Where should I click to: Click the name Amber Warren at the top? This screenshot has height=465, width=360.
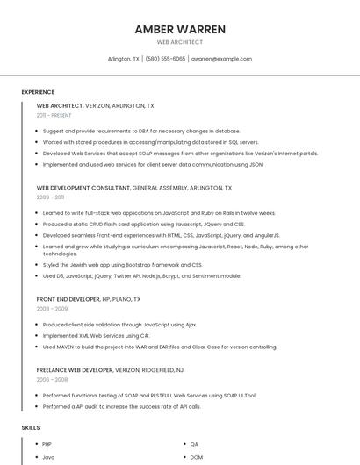point(180,29)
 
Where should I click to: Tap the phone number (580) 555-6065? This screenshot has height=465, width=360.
point(165,59)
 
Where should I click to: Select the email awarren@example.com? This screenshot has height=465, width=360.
point(221,59)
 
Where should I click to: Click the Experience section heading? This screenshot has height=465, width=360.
point(38,92)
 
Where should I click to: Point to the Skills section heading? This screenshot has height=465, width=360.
point(31,427)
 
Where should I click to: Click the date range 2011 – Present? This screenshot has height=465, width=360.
point(54,115)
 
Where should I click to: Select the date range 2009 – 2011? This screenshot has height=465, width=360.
point(50,197)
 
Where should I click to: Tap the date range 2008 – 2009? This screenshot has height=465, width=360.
point(50,309)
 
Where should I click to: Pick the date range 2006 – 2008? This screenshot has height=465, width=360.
point(50,380)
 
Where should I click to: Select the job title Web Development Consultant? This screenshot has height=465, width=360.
point(83,188)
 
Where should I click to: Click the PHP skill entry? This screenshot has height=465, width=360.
point(48,444)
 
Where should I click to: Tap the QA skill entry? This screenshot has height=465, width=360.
point(194,444)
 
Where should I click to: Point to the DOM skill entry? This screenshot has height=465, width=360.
point(197,457)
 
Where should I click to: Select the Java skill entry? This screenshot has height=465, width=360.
point(48,457)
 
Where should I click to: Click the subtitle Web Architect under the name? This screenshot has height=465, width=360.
point(180,42)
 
